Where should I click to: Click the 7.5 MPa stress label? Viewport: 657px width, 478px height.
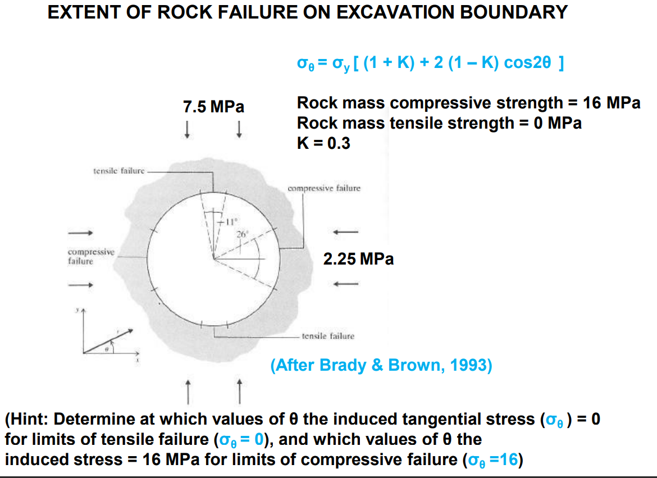214,107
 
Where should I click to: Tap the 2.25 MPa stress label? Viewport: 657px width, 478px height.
358,259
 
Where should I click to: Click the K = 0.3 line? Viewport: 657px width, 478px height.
323,143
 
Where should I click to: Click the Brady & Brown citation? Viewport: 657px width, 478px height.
381,366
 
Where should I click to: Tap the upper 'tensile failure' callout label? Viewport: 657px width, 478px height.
118,170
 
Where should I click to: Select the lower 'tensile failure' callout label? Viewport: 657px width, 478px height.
328,336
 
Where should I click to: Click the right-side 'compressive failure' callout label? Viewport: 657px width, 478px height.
324,189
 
